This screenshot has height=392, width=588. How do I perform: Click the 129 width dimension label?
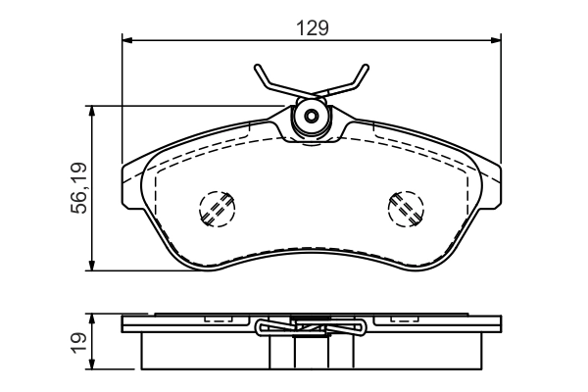(312, 28)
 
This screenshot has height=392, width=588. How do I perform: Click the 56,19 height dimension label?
(78, 188)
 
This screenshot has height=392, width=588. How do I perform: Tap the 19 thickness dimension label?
(78, 342)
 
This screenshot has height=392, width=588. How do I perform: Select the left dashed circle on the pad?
(218, 209)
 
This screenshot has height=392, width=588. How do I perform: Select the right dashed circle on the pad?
(406, 209)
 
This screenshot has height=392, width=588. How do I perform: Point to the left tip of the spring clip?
(257, 68)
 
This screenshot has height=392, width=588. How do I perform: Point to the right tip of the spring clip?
(366, 68)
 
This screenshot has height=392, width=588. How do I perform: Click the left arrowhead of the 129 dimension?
(127, 40)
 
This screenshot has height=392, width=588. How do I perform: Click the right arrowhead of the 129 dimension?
(496, 40)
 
